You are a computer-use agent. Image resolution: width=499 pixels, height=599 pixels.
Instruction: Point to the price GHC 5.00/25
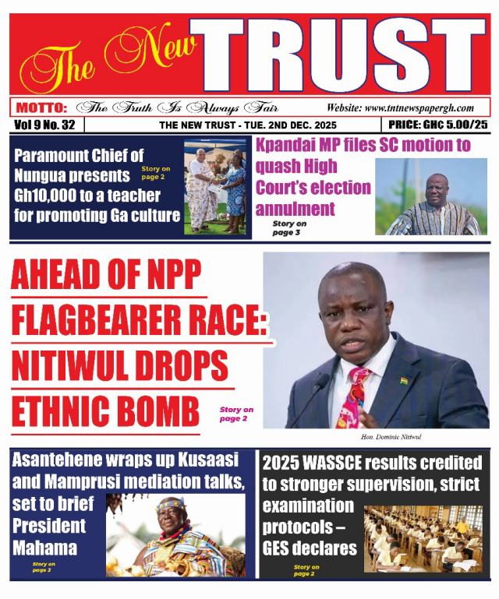[x=437, y=125]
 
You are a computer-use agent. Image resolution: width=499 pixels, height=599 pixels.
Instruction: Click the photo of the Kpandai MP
[x=430, y=197]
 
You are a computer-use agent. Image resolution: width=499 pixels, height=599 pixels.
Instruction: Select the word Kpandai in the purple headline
[x=289, y=145]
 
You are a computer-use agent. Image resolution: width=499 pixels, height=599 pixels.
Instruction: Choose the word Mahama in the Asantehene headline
[x=44, y=548]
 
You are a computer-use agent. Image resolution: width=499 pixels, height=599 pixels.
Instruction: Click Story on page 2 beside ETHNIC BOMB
[x=235, y=414]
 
